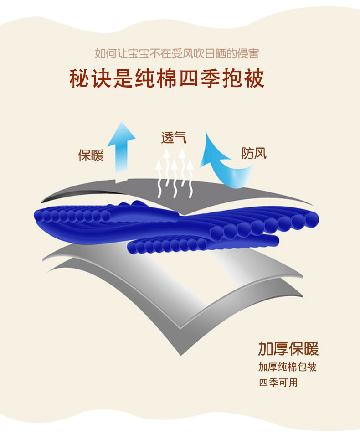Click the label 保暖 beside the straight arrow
[x=91, y=155]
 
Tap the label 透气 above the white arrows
[x=174, y=138]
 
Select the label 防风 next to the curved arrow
[x=254, y=154]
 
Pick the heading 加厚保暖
[x=288, y=348]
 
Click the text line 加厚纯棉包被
[x=287, y=368]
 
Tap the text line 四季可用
[x=278, y=383]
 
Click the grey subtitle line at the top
[x=177, y=54]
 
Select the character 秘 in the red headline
[x=80, y=78]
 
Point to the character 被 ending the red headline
[x=253, y=78]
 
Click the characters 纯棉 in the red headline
[x=158, y=78]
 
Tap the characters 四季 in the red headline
[x=202, y=78]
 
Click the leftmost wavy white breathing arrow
[x=159, y=178]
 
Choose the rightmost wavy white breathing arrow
[x=190, y=176]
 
